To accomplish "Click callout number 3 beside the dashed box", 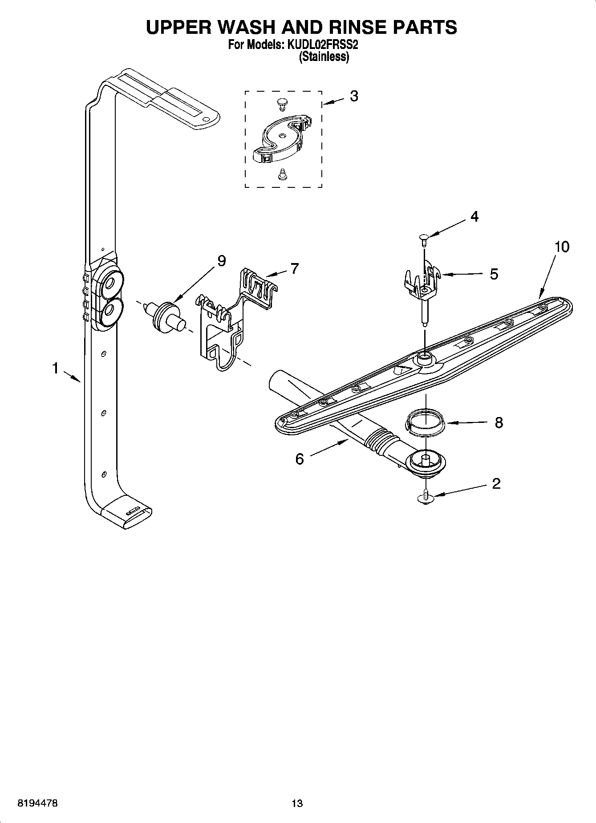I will (x=353, y=96).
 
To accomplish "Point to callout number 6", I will (x=300, y=458).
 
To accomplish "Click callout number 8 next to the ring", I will (x=499, y=422).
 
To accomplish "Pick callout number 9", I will (x=221, y=260).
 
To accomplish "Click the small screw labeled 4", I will (x=423, y=239).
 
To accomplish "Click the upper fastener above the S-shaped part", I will (x=281, y=103).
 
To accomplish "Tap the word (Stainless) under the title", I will (x=324, y=57).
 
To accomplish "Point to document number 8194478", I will (x=37, y=803).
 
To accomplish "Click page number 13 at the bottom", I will (x=297, y=803).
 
